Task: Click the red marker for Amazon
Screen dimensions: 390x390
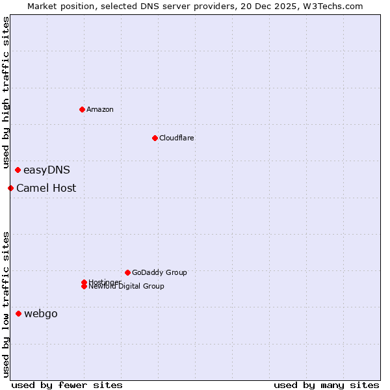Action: tap(82, 109)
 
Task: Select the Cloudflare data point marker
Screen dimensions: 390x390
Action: tap(155, 138)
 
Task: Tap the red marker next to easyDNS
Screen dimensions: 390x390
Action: tap(18, 170)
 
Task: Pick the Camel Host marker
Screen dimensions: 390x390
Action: tap(10, 188)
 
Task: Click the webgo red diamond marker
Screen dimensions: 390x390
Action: tap(18, 314)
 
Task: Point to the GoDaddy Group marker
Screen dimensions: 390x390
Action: tap(127, 272)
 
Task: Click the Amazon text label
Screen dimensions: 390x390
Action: tap(100, 109)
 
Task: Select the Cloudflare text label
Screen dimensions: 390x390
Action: tap(177, 138)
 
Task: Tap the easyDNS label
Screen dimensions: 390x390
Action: tap(47, 170)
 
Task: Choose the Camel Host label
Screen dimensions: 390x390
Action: tap(46, 188)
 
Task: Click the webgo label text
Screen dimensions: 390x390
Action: tap(41, 314)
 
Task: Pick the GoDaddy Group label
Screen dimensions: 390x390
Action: tap(159, 272)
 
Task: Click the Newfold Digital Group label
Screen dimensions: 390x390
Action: tap(127, 287)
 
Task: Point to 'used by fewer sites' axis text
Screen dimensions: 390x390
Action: tap(67, 385)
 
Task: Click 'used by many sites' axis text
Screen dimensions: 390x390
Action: tap(326, 385)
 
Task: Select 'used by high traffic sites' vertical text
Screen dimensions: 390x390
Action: tap(6, 92)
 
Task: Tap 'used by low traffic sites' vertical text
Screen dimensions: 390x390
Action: tap(6, 304)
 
